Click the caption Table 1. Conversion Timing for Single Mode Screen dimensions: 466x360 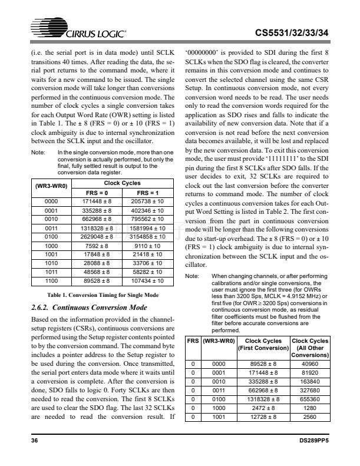click(98, 295)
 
